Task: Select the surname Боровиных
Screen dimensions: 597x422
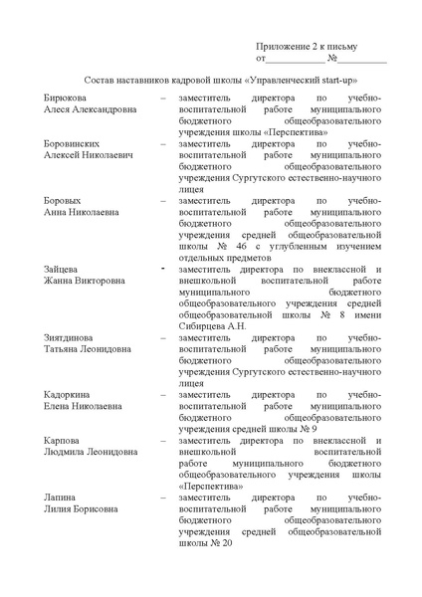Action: (73, 144)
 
